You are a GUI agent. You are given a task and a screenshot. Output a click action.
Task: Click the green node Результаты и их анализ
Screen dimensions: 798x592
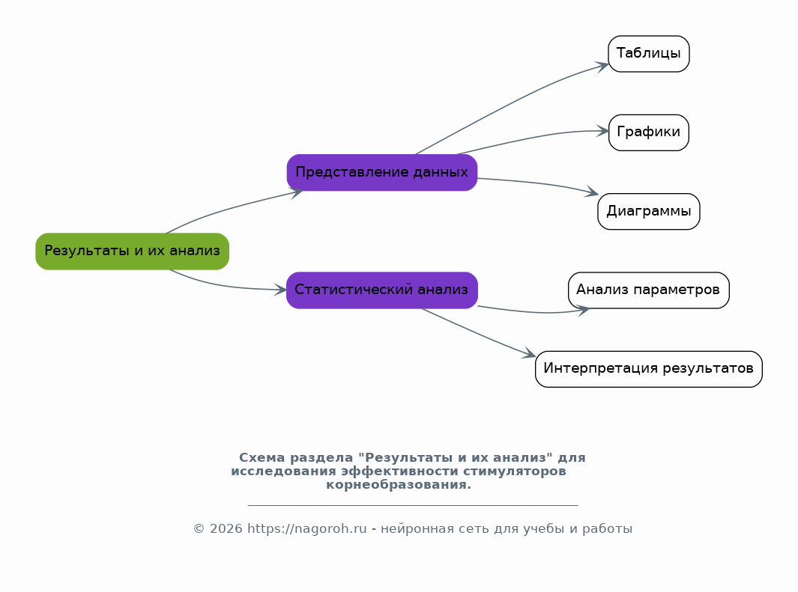click(133, 251)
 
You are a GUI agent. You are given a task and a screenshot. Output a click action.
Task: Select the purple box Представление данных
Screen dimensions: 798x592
click(381, 173)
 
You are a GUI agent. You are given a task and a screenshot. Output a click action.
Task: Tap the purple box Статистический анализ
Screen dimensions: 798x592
click(381, 290)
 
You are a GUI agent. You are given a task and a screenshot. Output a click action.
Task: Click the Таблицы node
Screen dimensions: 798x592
click(648, 54)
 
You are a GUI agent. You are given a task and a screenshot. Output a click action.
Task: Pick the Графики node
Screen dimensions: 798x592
click(648, 132)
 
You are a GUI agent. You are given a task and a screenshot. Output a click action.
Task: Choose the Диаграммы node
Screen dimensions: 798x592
click(648, 211)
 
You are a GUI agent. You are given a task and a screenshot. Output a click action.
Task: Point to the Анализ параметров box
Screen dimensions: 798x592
click(648, 290)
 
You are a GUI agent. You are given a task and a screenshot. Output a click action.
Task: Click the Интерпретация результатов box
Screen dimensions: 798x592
click(648, 369)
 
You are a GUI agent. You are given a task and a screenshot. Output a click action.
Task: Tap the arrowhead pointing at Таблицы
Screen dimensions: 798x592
click(603, 66)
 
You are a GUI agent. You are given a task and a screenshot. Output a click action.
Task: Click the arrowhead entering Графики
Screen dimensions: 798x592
click(604, 131)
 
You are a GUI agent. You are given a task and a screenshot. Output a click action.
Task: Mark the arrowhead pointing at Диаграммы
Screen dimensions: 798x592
click(593, 192)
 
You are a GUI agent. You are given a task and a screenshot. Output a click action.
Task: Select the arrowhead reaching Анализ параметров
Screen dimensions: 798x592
click(584, 310)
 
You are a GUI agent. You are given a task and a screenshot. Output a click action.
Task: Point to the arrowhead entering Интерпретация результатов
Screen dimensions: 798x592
click(530, 354)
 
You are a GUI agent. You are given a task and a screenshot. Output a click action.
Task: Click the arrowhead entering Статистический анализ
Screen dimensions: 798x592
click(281, 290)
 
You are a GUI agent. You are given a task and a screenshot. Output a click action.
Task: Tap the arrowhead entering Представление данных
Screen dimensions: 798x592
click(297, 192)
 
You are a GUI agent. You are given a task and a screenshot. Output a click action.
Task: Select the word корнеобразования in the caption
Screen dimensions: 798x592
click(399, 485)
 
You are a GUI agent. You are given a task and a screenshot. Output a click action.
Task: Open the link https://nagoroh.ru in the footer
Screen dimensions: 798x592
click(307, 529)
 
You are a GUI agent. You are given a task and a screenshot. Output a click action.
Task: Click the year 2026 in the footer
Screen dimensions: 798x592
click(226, 529)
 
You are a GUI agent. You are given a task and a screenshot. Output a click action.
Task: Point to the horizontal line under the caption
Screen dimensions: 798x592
click(413, 505)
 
